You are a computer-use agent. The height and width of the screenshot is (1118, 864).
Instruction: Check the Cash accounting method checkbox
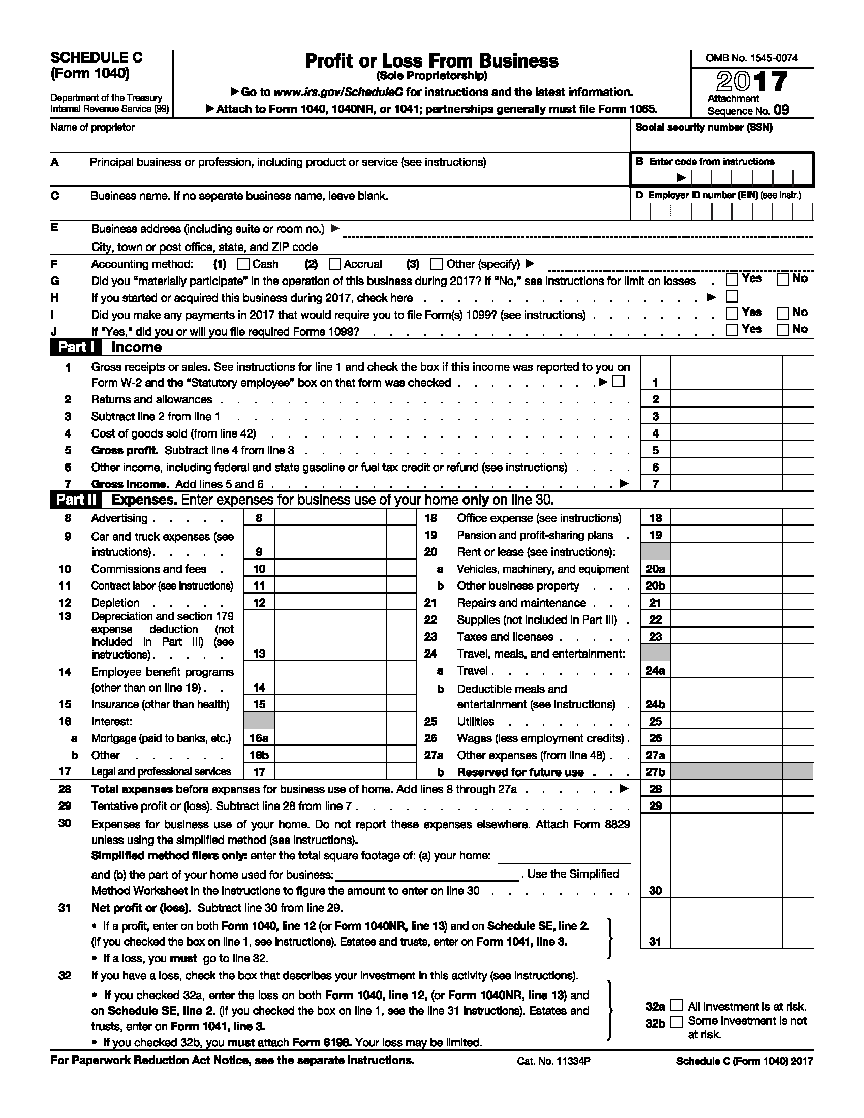243,264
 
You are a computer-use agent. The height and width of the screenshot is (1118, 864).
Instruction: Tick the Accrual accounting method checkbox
335,264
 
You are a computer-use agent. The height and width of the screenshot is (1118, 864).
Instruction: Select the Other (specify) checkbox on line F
436,264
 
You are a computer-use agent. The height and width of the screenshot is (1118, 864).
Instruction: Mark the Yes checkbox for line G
732,279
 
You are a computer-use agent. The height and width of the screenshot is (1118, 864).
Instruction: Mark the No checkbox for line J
782,330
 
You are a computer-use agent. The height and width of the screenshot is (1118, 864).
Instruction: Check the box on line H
732,296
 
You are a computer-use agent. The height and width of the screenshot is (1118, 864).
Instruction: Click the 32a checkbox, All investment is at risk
676,1005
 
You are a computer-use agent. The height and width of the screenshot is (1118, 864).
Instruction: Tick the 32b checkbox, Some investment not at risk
676,1022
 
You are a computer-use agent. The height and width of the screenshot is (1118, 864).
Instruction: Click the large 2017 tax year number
751,81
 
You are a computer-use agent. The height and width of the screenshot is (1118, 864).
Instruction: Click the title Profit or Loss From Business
431,61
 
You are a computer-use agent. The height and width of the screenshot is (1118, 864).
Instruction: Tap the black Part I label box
75,347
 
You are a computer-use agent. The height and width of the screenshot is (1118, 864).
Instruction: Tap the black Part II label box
75,500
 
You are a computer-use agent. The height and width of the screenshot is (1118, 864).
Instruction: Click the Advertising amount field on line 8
330,517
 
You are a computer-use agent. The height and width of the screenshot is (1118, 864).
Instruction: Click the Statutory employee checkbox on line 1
619,381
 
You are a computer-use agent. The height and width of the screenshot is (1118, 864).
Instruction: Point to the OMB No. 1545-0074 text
751,58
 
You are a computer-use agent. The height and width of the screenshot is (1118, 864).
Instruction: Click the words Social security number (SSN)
704,128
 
